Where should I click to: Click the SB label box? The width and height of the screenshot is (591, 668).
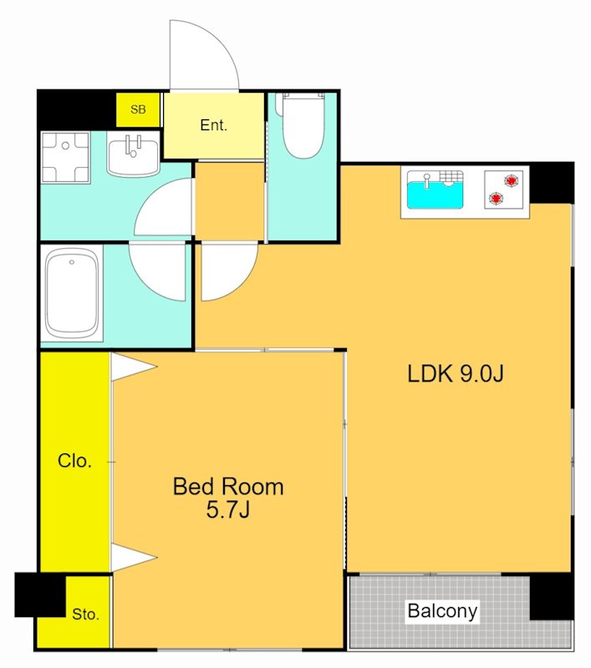(138, 109)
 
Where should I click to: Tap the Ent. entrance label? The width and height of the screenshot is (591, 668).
(213, 125)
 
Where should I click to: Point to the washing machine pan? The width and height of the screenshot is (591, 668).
(66, 157)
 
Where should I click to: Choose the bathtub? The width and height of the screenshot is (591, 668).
(72, 293)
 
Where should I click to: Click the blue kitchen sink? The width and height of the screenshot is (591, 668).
(435, 190)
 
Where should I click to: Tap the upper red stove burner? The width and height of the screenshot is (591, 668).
(512, 180)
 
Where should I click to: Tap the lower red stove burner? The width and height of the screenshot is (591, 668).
(496, 198)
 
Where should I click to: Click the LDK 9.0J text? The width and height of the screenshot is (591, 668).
(456, 373)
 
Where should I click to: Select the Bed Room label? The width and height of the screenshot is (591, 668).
(228, 487)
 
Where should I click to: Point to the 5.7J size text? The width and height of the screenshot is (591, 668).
(227, 509)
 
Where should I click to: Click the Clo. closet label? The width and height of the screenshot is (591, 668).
(74, 461)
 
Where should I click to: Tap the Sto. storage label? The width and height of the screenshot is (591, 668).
(85, 615)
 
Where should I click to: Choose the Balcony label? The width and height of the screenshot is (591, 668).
(442, 611)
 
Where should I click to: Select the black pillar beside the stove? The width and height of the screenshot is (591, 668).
(552, 183)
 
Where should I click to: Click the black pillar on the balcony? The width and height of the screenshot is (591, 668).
(552, 596)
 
